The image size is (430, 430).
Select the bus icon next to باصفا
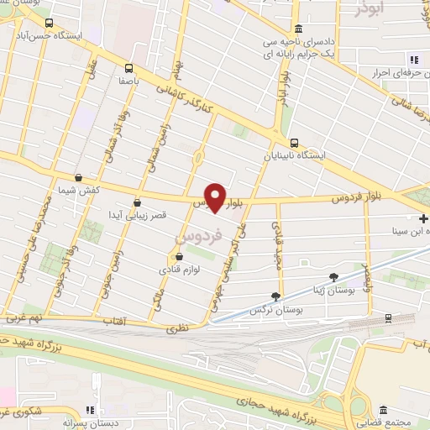tap(128, 68)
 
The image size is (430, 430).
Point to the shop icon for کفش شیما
tap(78, 178)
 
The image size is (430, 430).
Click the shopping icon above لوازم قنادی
tap(178, 257)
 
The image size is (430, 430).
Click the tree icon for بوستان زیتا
tap(333, 276)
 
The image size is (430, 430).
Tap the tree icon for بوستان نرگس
tap(275, 296)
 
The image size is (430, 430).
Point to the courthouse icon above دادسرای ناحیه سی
tap(298, 28)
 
